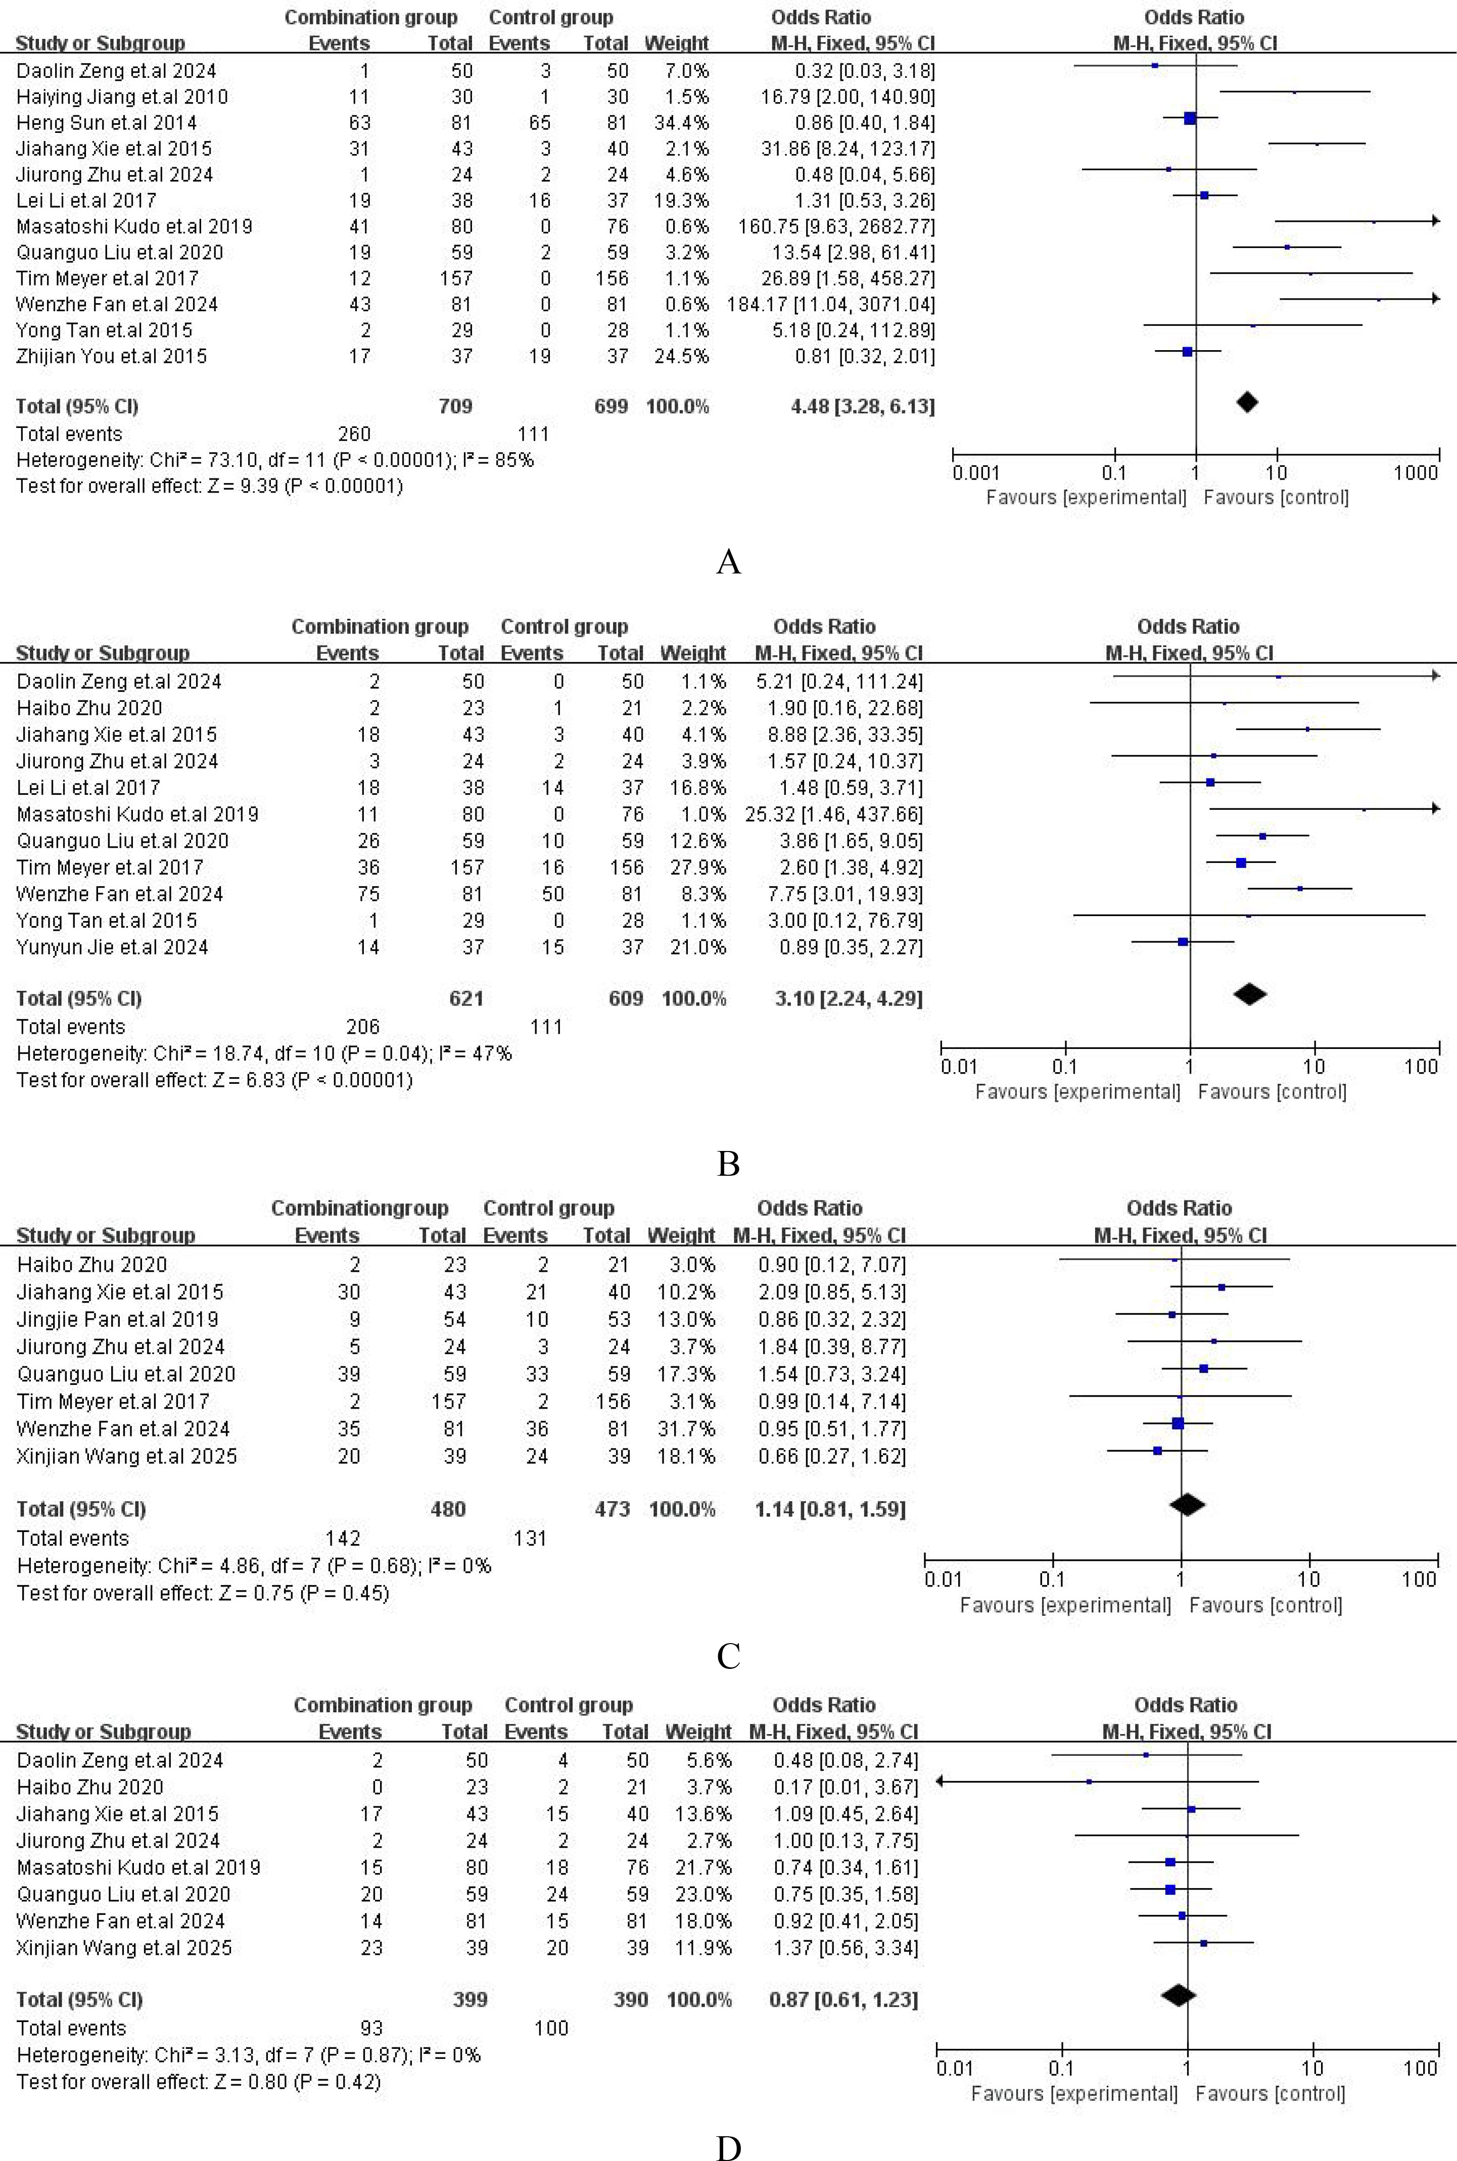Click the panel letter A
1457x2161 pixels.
tap(729, 562)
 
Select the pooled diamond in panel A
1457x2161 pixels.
tap(1247, 402)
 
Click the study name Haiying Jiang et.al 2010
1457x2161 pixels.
tap(122, 97)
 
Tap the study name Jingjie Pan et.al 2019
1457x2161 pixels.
tap(117, 1319)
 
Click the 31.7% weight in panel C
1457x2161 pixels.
tap(682, 1428)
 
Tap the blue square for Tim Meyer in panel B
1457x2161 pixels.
tap(1241, 863)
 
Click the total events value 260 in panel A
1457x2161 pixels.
tap(354, 434)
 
